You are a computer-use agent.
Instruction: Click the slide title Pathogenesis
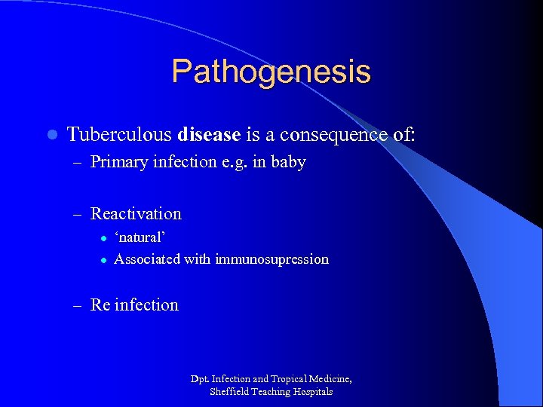271,72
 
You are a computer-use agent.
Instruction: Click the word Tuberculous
119,135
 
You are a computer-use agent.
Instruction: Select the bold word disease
208,135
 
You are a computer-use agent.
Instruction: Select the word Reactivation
136,213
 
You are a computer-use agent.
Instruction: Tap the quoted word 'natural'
140,237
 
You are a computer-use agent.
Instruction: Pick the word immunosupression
271,259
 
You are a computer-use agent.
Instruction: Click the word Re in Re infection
100,305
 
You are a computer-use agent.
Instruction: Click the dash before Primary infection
78,163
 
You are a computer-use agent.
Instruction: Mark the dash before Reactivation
78,214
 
